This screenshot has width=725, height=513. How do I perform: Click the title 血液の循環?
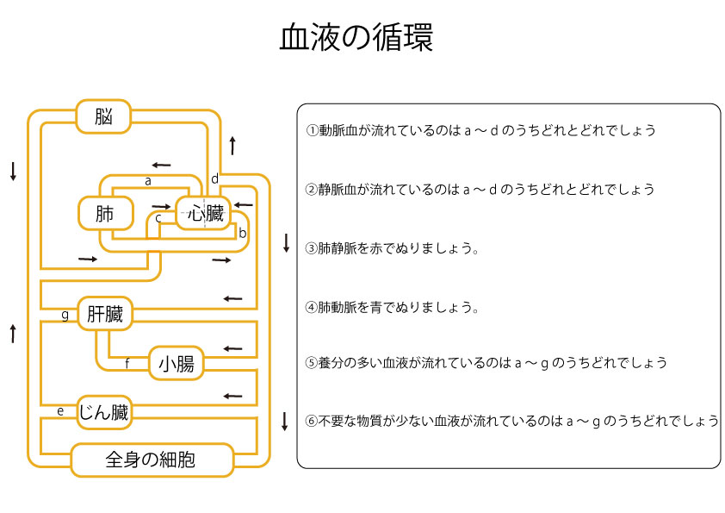tap(356, 38)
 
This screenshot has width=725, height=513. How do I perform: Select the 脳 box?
tap(103, 116)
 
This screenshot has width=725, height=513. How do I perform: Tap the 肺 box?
tap(105, 213)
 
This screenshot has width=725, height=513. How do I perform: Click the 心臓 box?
tap(205, 213)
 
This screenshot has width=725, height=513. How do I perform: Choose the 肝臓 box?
tap(105, 315)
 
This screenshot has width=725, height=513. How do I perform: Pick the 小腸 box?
tap(176, 364)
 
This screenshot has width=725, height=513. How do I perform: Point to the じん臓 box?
tap(103, 412)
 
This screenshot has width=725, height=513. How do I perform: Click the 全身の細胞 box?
tap(151, 460)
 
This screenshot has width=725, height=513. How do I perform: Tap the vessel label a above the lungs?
tap(148, 182)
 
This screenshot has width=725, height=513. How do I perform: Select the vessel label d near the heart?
tap(214, 179)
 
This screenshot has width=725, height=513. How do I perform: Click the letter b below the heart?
tap(243, 233)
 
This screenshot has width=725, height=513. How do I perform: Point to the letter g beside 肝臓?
tap(65, 315)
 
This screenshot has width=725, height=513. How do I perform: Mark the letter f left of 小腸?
tap(127, 364)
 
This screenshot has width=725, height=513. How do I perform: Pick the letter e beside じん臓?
tap(60, 411)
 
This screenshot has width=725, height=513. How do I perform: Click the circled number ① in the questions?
tap(313, 131)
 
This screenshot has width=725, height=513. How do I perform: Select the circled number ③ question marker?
tap(313, 248)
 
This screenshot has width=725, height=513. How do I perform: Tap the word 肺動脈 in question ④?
tap(338, 307)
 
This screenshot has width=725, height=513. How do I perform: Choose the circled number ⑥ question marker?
tap(313, 422)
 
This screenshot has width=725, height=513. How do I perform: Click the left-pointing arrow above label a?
tap(160, 165)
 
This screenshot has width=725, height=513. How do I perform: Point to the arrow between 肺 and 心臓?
tap(161, 207)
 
